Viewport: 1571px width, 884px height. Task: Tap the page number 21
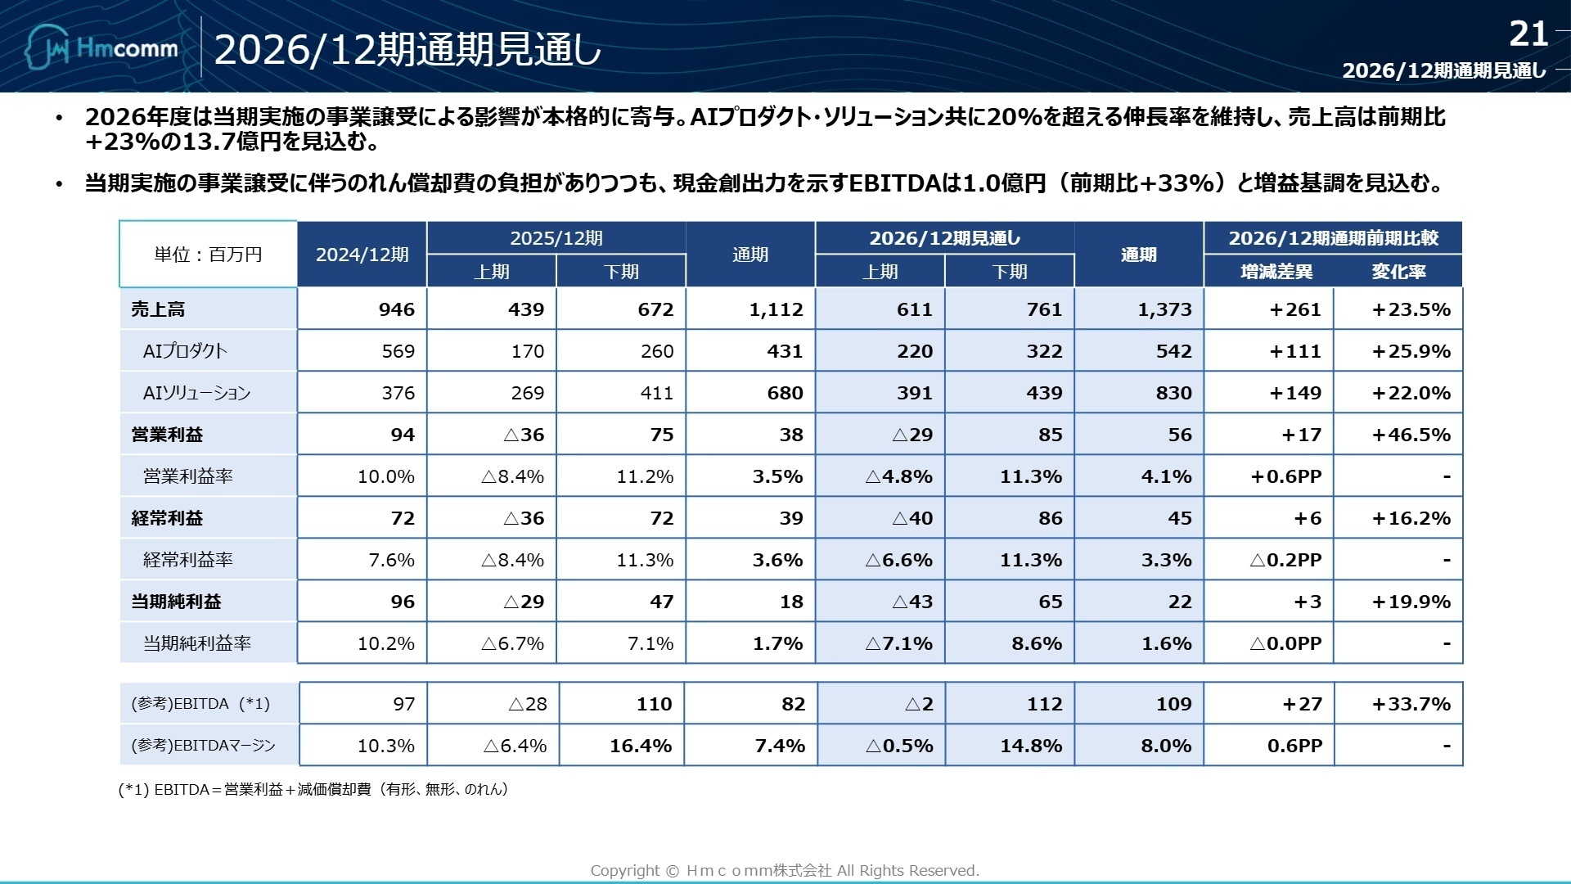click(1528, 34)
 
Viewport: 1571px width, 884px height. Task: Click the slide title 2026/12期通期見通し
click(407, 51)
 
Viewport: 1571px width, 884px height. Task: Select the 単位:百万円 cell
click(208, 255)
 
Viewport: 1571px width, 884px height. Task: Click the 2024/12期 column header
click(362, 255)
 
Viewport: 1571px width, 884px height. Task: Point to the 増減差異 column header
click(1276, 272)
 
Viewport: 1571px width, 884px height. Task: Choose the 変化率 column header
click(1398, 272)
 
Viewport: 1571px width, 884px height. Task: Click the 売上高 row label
click(158, 309)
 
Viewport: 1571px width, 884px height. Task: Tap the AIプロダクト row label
click(185, 351)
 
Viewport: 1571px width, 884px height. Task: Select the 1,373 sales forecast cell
click(1164, 309)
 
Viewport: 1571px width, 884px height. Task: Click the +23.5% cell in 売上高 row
click(1411, 309)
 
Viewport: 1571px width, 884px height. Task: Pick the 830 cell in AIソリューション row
click(1173, 393)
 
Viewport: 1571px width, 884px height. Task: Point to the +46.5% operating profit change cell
click(1411, 435)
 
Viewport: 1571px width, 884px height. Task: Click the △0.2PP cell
click(1285, 560)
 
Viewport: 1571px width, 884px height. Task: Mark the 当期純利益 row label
click(176, 602)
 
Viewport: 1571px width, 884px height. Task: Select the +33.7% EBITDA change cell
click(1411, 704)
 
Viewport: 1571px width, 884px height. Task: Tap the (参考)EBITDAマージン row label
click(203, 746)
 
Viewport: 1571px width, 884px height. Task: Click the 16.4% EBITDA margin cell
click(640, 746)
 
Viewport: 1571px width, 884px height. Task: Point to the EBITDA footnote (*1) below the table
click(314, 789)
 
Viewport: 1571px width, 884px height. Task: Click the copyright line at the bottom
click(785, 870)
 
